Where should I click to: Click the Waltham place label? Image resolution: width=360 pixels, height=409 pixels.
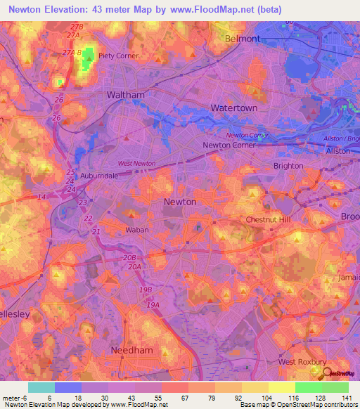[125, 95]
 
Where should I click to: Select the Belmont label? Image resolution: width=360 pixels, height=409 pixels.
[242, 39]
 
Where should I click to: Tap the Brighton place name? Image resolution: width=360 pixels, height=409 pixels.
[288, 166]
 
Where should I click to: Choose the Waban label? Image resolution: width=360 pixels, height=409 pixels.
[118, 230]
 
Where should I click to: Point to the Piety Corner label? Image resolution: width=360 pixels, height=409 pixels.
[117, 56]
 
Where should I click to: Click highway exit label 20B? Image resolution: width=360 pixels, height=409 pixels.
[129, 258]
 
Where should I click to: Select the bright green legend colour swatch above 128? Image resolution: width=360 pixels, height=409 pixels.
[308, 387]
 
